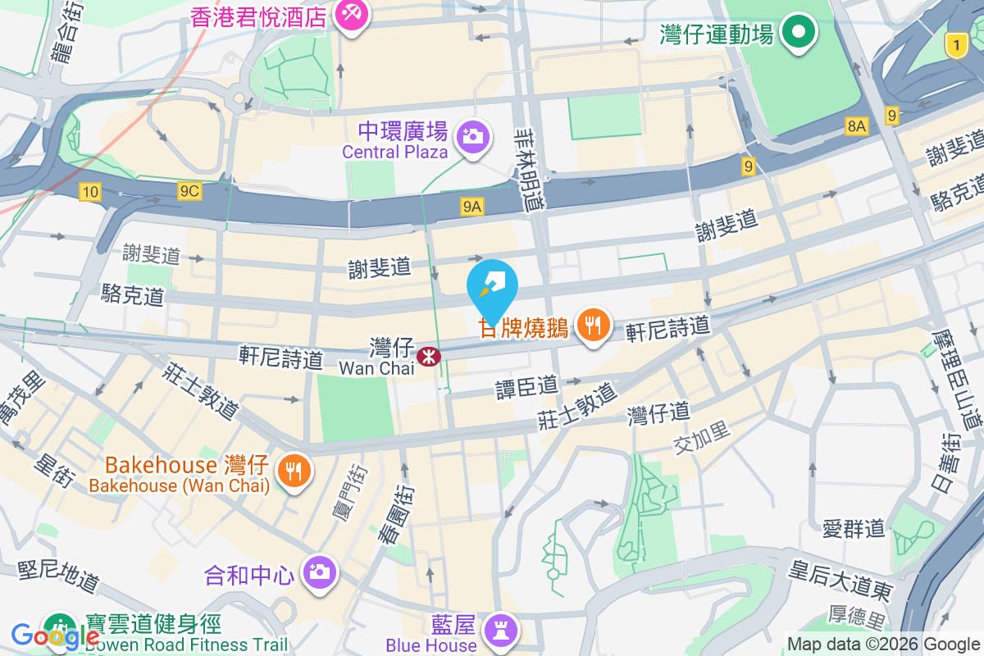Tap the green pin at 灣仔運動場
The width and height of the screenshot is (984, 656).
click(x=797, y=33)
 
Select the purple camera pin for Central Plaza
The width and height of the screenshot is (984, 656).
click(x=473, y=136)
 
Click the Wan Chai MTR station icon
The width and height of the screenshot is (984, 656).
click(x=428, y=356)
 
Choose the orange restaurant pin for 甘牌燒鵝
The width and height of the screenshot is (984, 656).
click(x=591, y=326)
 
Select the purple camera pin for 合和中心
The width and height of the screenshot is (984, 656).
click(x=319, y=572)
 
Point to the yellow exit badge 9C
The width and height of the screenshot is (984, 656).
click(x=189, y=191)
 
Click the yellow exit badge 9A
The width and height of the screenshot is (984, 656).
click(x=471, y=207)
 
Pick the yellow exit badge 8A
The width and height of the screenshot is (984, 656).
click(x=857, y=125)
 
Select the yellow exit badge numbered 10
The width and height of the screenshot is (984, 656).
click(x=90, y=192)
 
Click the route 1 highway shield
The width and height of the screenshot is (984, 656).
click(x=955, y=45)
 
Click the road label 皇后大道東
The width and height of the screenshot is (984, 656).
click(x=840, y=579)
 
